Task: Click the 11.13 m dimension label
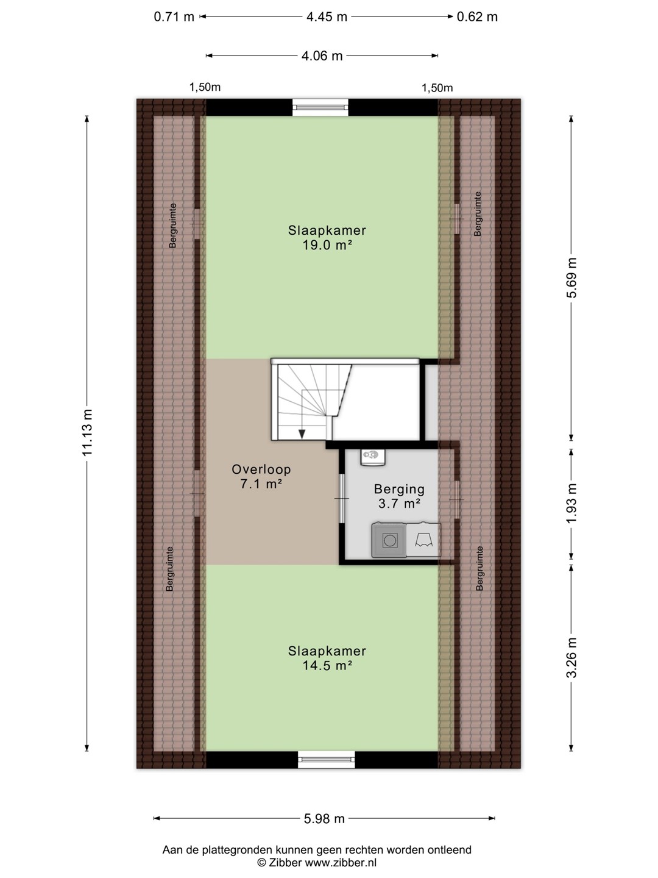click(x=87, y=432)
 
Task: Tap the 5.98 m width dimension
click(x=324, y=819)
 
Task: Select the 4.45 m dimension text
click(x=327, y=17)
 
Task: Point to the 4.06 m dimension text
click(x=322, y=56)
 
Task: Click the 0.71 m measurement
click(x=174, y=17)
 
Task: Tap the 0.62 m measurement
click(x=477, y=17)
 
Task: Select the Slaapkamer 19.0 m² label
click(x=327, y=238)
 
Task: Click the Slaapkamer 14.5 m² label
click(x=327, y=658)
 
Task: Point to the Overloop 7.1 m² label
click(x=261, y=476)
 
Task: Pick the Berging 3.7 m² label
click(x=399, y=496)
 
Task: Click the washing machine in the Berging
click(x=389, y=540)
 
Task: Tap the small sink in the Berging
click(x=373, y=457)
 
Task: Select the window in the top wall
click(x=320, y=107)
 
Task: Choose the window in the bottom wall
click(x=327, y=760)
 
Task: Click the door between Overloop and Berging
click(x=342, y=498)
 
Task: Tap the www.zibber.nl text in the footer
click(x=341, y=863)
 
